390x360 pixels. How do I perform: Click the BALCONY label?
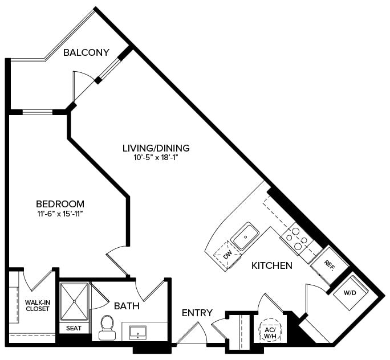point(86,52)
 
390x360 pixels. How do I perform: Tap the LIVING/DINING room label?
point(156,148)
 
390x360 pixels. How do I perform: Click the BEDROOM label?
point(60,203)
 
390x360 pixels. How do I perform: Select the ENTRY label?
point(197,313)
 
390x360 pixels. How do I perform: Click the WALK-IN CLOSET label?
point(37,305)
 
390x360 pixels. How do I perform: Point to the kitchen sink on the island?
point(246,236)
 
